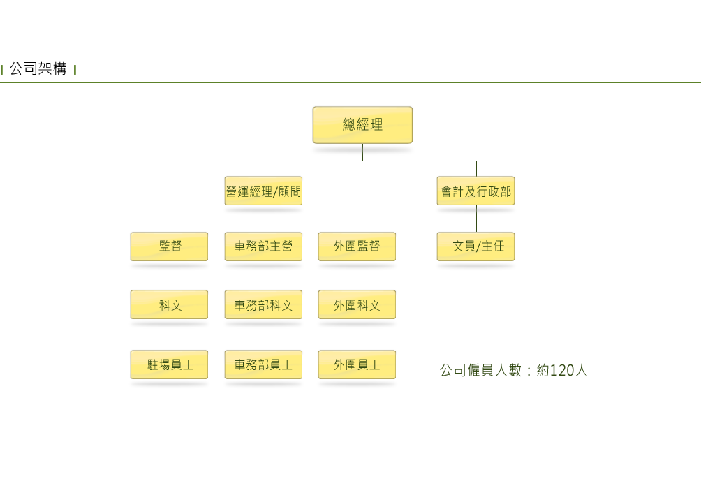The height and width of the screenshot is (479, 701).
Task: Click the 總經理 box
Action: (362, 125)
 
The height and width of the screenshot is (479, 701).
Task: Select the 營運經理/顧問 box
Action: (263, 191)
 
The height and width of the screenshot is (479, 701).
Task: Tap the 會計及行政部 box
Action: (475, 191)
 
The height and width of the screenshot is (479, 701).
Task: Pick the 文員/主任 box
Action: (475, 246)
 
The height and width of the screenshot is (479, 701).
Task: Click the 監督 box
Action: (169, 246)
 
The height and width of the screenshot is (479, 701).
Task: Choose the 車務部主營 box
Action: (263, 246)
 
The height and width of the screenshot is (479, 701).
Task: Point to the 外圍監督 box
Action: (357, 246)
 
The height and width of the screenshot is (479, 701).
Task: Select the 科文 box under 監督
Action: (169, 304)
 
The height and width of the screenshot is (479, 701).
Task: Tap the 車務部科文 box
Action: (263, 304)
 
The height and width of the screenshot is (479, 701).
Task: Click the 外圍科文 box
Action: (357, 304)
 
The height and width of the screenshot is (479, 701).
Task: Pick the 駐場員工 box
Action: (169, 364)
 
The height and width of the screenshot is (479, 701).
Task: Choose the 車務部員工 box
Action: (263, 364)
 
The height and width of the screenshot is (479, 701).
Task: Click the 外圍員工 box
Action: (357, 364)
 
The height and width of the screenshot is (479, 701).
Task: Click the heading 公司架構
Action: (38, 69)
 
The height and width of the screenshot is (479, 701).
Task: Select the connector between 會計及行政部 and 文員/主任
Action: (476, 219)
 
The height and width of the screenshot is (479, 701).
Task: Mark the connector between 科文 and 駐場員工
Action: (170, 335)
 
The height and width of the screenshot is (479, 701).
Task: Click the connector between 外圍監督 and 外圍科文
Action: (357, 276)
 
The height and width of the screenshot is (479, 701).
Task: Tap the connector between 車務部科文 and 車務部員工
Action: (263, 335)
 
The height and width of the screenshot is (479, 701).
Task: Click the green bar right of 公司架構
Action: (75, 69)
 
